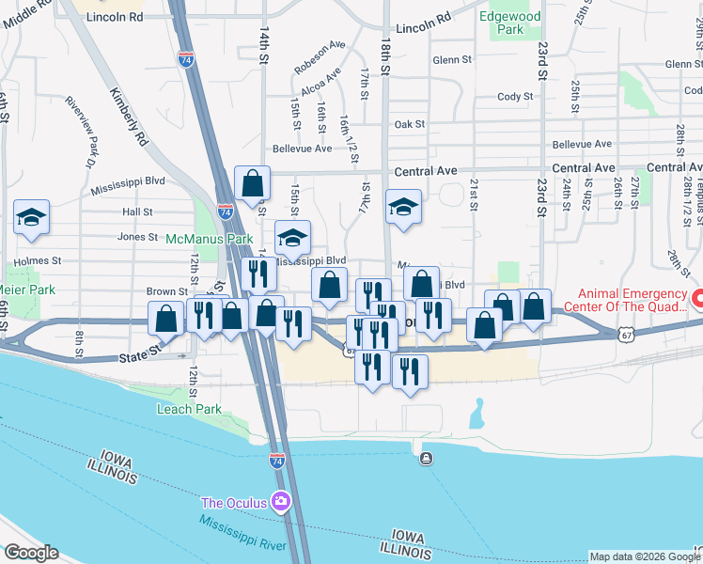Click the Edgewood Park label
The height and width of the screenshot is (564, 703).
[511, 23]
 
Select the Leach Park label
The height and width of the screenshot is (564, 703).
[190, 409]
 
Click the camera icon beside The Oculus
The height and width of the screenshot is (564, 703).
[280, 501]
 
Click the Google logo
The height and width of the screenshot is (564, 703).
[31, 553]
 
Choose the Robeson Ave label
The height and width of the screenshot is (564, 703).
[320, 57]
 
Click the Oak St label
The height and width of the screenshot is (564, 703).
[410, 124]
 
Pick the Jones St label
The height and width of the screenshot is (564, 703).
[137, 237]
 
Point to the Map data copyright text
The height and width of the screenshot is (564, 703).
[644, 556]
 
